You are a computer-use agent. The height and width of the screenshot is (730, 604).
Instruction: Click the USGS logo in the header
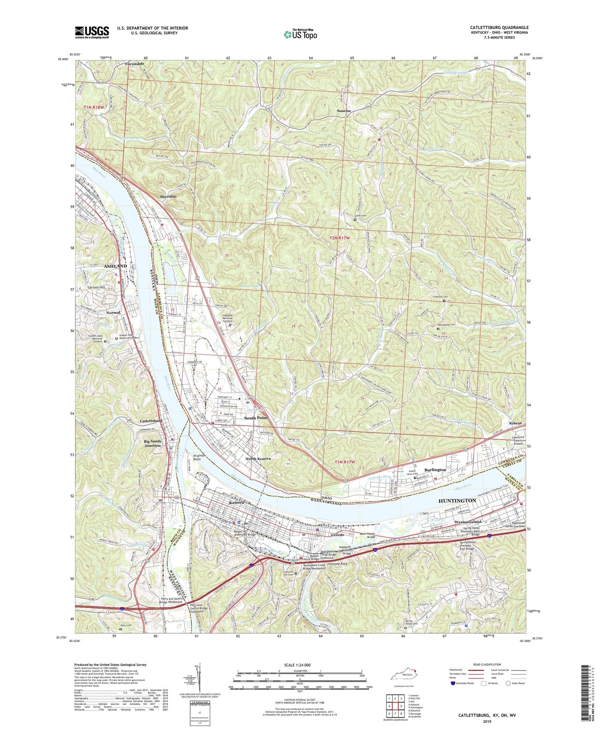pos(92,32)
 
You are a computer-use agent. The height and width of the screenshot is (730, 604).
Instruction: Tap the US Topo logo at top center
pos(300,34)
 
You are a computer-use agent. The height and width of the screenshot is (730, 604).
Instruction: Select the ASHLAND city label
pos(116,266)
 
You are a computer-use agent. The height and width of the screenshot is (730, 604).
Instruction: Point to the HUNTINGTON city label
pos(457,500)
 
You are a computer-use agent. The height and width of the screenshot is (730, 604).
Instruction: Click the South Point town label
pos(256,418)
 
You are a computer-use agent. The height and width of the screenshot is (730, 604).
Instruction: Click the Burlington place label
pos(435,469)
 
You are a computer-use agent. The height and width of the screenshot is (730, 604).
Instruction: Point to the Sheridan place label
pos(166,196)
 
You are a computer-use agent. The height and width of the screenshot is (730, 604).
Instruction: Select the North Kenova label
pos(258,459)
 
